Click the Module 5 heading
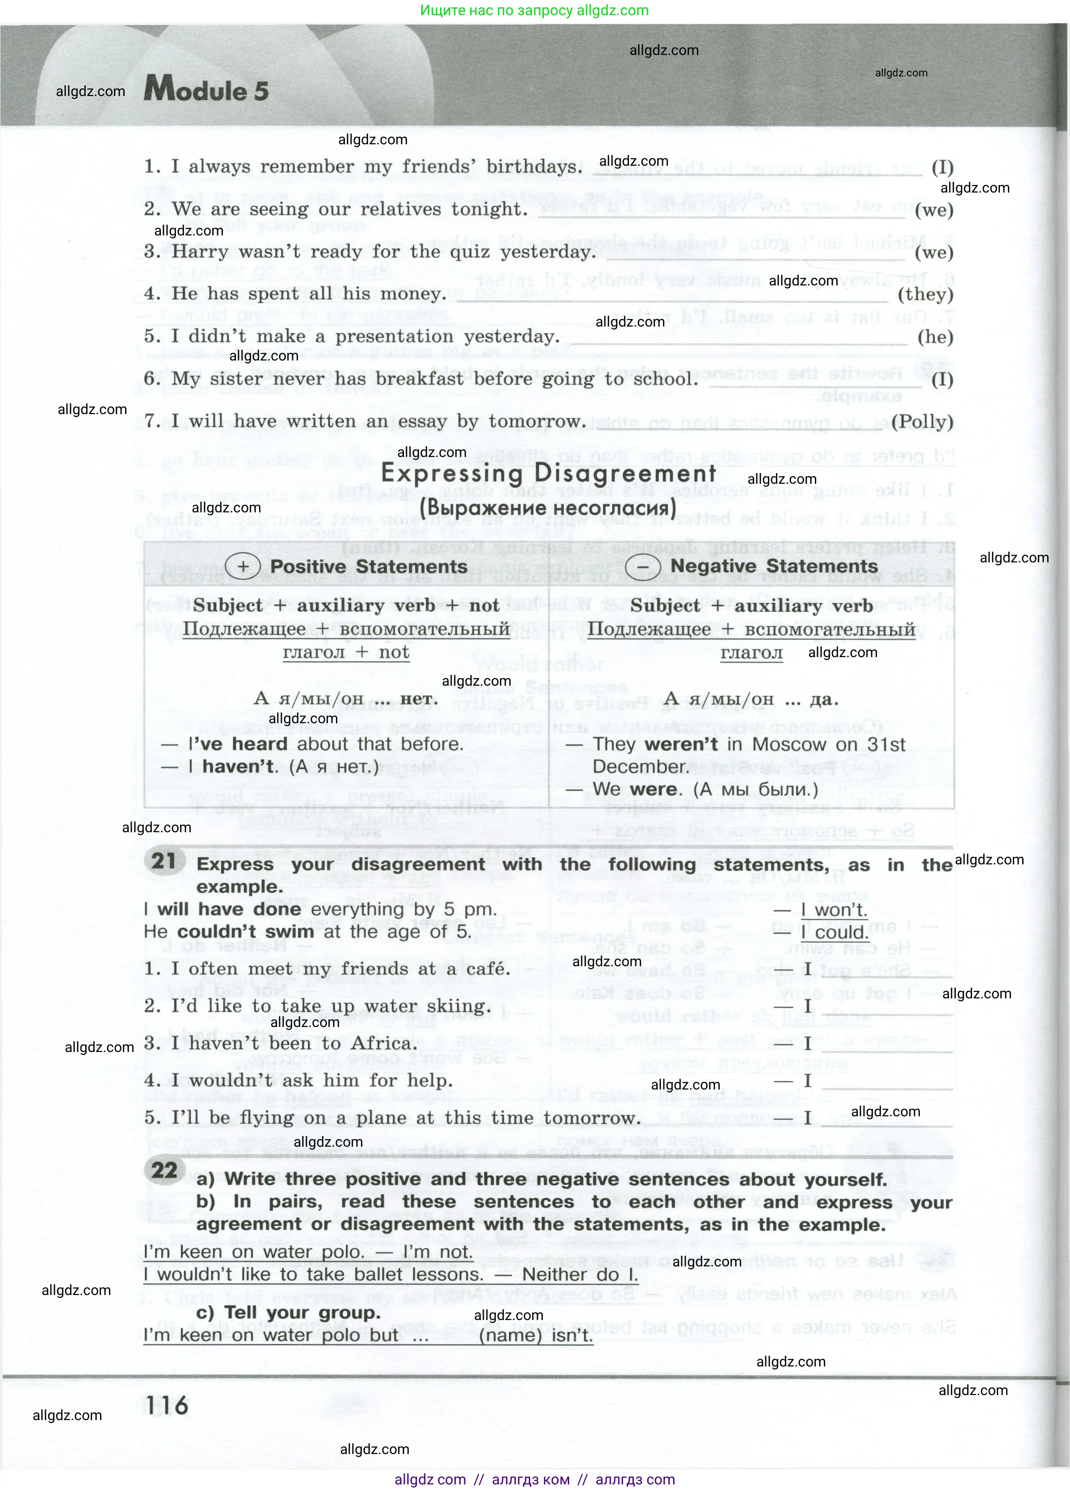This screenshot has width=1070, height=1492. pyautogui.click(x=206, y=89)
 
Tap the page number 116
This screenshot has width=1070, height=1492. pyautogui.click(x=167, y=1405)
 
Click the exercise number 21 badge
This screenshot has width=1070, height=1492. pyautogui.click(x=164, y=861)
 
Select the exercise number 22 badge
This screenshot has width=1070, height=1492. pyautogui.click(x=164, y=1170)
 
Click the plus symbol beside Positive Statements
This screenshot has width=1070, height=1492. pyautogui.click(x=243, y=566)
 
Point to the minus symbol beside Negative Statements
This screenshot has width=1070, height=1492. pyautogui.click(x=642, y=566)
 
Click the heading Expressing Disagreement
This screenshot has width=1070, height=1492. pyautogui.click(x=548, y=474)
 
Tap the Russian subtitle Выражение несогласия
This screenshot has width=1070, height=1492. pyautogui.click(x=548, y=508)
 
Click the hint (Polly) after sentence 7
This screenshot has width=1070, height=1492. pyautogui.click(x=922, y=422)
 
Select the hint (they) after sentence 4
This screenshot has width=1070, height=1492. pyautogui.click(x=925, y=295)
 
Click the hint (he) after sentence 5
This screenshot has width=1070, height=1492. pyautogui.click(x=935, y=337)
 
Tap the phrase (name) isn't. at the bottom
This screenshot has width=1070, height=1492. pyautogui.click(x=536, y=1336)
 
